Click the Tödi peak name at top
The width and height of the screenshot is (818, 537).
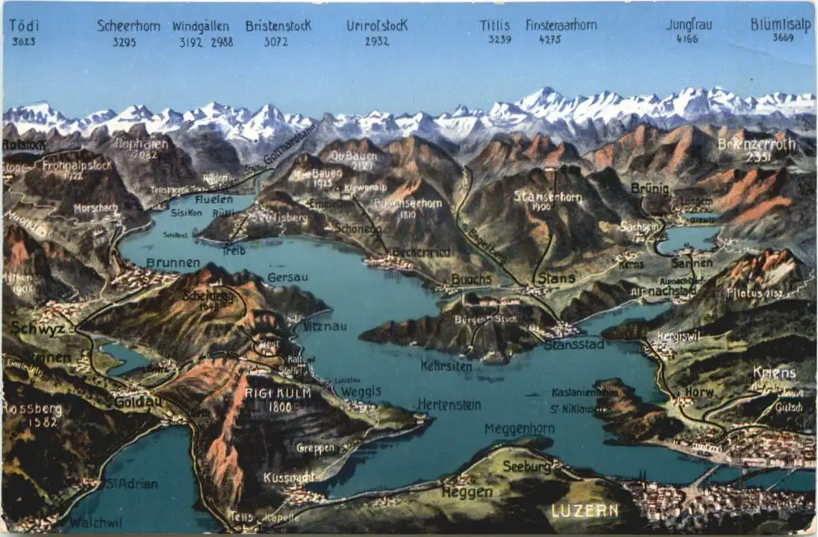(x=23, y=25)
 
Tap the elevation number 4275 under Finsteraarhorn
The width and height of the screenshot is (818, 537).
(x=549, y=40)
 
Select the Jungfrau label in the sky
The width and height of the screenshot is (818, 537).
(x=688, y=25)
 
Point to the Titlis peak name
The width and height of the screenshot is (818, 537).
(x=495, y=25)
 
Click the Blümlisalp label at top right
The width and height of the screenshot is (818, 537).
(x=781, y=24)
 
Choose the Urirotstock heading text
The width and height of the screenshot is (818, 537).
(x=377, y=25)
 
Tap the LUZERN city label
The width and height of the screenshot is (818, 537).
(x=584, y=511)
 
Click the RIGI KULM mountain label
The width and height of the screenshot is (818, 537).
(x=269, y=393)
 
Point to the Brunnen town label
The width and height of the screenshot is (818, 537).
(x=172, y=263)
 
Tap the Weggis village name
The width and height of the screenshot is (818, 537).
(x=361, y=392)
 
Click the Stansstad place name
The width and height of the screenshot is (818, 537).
(x=573, y=345)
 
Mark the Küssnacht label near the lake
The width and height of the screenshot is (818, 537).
(x=289, y=477)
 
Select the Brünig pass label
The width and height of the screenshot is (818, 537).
(x=649, y=189)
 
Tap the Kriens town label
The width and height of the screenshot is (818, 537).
(x=774, y=372)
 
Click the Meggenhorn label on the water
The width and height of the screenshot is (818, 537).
(x=519, y=429)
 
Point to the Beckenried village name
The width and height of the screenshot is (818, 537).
(x=421, y=253)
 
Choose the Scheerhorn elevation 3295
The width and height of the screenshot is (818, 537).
(x=124, y=43)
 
